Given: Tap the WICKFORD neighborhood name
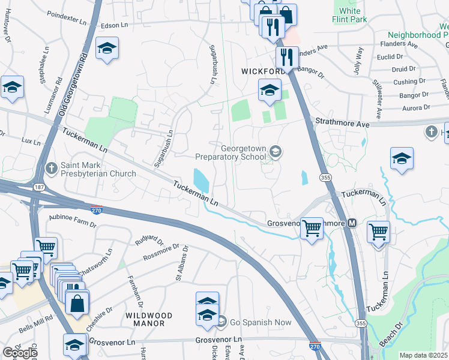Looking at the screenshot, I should pos(263,71).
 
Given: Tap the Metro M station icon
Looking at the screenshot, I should pos(352,223).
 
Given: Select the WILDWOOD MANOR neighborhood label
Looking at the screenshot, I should pos(148,319).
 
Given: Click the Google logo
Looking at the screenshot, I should pos(20,353).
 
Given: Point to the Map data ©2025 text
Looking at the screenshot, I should pos(423,355).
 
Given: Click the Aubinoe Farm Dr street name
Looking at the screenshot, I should pos(72,220).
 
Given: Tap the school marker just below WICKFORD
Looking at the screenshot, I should pos(270,91).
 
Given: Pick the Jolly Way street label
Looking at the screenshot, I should pos(360,60).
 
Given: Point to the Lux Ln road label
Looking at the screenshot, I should pos(30,143).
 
